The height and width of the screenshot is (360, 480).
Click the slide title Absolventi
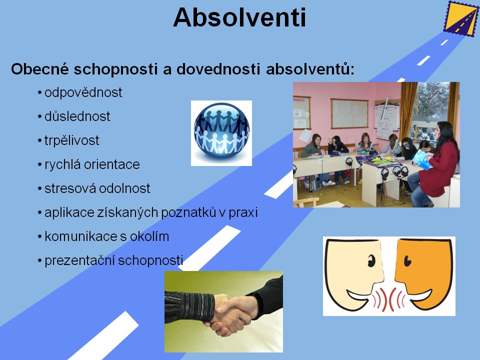click(x=239, y=17)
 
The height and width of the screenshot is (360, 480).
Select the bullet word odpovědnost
click(x=83, y=92)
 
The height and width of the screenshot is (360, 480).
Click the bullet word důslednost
click(x=77, y=116)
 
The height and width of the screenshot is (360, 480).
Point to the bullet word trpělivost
click(x=71, y=140)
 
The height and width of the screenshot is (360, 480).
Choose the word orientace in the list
click(x=111, y=164)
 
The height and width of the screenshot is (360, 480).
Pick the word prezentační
click(x=79, y=260)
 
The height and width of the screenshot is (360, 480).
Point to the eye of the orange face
click(x=407, y=261)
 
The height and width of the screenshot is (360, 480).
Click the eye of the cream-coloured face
click(x=371, y=261)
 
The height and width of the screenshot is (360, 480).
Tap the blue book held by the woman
click(x=422, y=159)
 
